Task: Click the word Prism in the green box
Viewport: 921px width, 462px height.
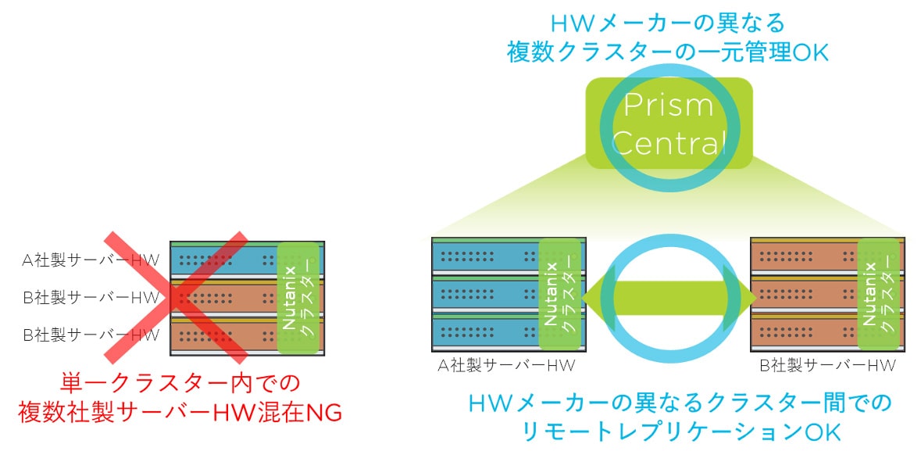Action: (x=669, y=106)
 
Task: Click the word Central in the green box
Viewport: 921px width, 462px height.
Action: (x=669, y=143)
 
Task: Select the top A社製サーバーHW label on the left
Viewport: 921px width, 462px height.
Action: (x=91, y=260)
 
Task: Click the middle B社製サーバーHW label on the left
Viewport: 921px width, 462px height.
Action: (x=91, y=297)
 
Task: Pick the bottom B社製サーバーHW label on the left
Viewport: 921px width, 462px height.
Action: (x=91, y=335)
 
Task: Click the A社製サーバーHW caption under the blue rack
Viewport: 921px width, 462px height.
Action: (x=499, y=365)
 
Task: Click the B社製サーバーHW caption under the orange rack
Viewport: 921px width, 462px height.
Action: (x=827, y=365)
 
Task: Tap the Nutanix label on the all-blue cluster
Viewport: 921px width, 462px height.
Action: (x=550, y=292)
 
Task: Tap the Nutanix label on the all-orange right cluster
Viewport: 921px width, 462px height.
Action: (x=869, y=292)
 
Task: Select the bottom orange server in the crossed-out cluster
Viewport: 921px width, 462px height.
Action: (x=223, y=336)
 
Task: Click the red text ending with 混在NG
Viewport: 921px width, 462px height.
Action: (x=180, y=412)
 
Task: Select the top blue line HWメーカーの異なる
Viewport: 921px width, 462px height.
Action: (x=668, y=22)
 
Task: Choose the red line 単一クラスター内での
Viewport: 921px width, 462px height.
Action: (x=180, y=383)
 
